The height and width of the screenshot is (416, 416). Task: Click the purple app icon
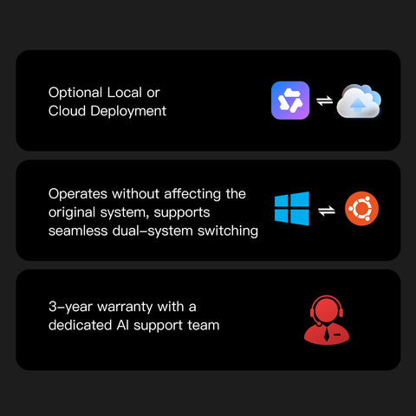[x=290, y=101]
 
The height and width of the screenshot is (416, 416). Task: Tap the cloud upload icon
[x=359, y=101]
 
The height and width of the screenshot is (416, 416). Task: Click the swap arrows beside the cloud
[x=324, y=101]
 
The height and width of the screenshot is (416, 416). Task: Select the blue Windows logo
[x=292, y=208]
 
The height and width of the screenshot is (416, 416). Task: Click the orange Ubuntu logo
[x=361, y=208]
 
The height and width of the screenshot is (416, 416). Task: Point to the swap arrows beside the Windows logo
[x=327, y=211]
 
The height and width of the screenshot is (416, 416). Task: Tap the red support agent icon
[x=327, y=320]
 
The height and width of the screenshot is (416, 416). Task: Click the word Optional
[x=75, y=94]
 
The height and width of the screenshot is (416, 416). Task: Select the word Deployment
[x=128, y=112]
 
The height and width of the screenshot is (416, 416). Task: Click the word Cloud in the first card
[x=67, y=111]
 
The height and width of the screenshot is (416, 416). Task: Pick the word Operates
[x=78, y=194]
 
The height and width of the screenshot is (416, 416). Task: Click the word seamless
[x=78, y=231]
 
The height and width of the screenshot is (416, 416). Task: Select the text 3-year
[x=70, y=307]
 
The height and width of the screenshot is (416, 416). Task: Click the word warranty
[x=125, y=308]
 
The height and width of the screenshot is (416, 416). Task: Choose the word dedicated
[x=80, y=325]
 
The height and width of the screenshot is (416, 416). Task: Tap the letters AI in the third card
[x=123, y=325]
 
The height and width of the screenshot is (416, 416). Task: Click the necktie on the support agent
[x=327, y=334]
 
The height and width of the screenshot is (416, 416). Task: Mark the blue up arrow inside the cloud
[x=358, y=105]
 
